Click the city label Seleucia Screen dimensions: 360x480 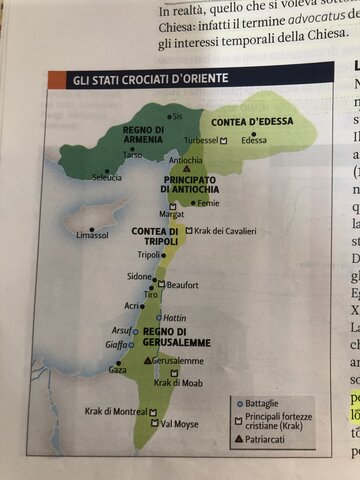click(107, 177)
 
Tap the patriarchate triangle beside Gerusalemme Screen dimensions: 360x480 click(149, 360)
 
